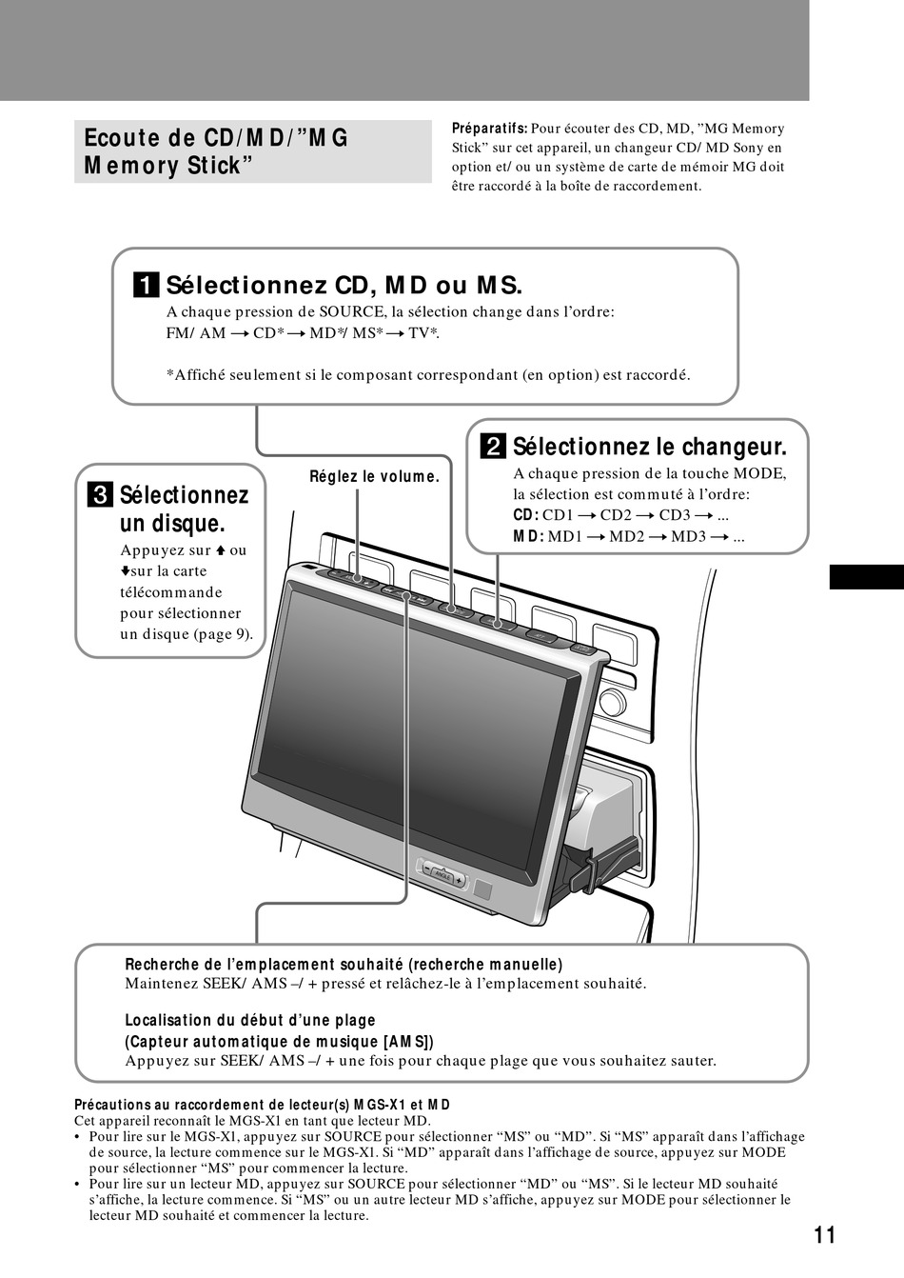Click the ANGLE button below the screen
442,872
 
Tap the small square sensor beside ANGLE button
484,891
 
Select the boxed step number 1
146,285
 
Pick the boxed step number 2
493,447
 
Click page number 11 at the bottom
824,1235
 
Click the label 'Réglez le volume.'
374,476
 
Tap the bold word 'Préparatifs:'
489,129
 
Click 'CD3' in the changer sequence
674,515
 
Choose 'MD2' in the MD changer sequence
627,536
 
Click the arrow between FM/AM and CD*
240,333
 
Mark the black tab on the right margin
866,577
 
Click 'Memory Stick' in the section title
168,166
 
